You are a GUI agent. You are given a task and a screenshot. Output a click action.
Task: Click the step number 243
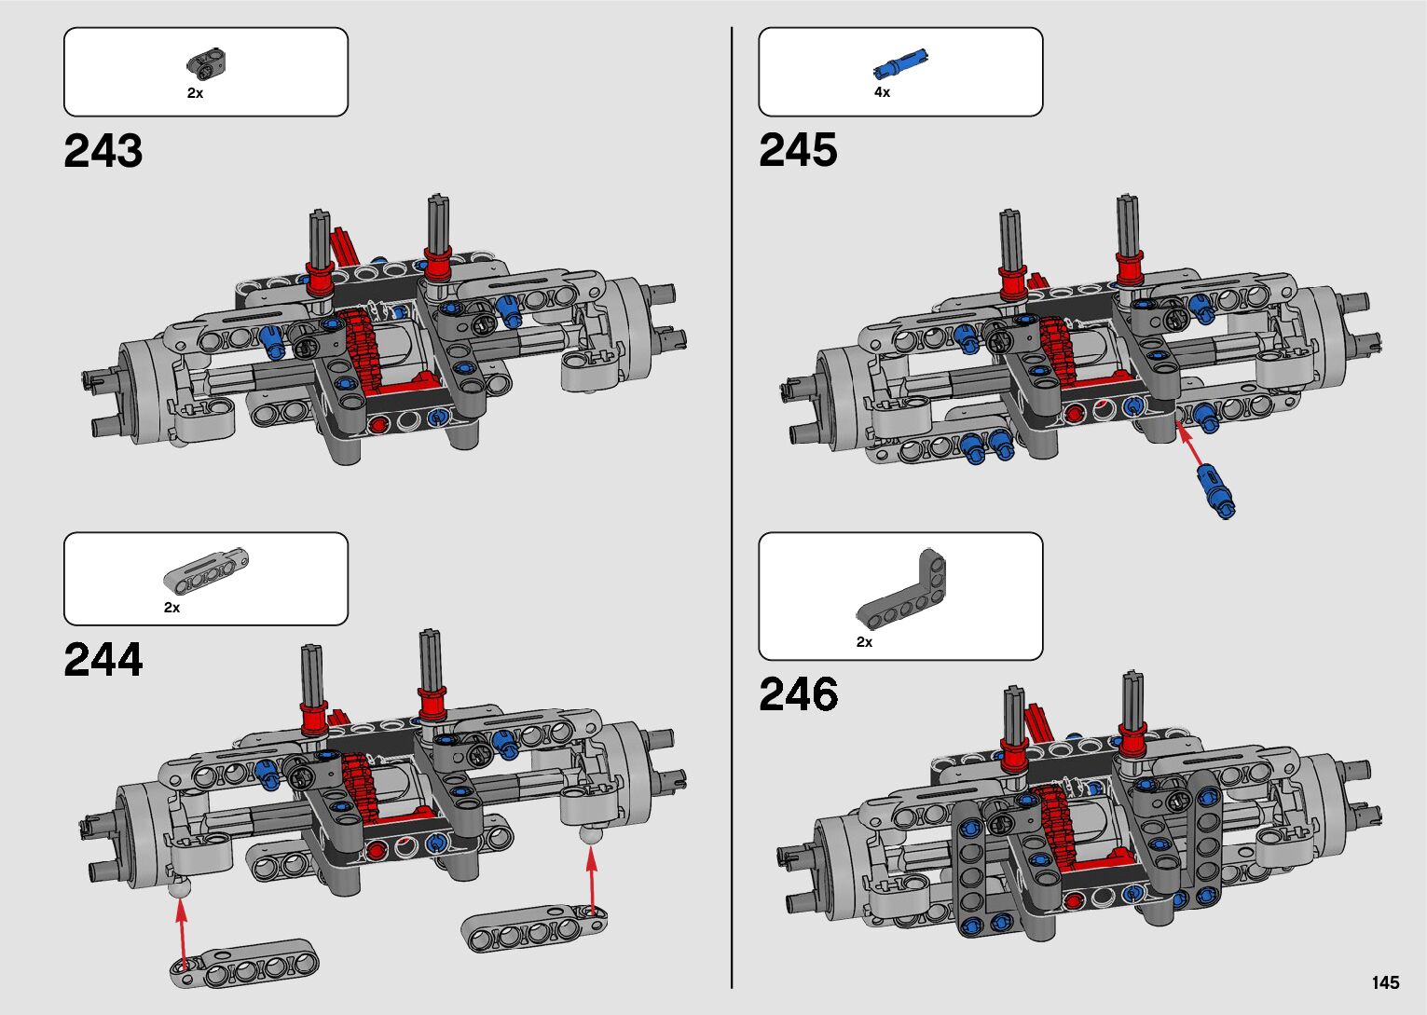point(103,152)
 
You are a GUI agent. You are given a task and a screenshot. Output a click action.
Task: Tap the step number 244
point(103,661)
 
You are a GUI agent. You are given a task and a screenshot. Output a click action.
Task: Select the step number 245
point(798,151)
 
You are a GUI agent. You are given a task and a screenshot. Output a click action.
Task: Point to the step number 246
point(798,695)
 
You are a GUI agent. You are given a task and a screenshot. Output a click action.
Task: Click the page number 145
point(1385,983)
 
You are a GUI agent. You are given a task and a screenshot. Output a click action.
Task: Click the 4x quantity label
point(882,92)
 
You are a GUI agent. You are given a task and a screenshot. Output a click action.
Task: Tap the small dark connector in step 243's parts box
point(209,62)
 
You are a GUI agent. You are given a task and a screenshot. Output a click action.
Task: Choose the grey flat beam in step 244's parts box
point(207,569)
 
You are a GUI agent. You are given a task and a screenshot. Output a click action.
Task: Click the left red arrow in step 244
point(182,932)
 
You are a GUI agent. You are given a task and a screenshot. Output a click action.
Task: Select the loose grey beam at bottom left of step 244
point(245,964)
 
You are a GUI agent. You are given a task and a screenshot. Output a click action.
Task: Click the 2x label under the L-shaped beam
point(864,642)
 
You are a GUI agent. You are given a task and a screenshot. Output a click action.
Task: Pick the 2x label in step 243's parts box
point(195,93)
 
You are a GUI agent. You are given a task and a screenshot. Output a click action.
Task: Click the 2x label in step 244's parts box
point(172,608)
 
